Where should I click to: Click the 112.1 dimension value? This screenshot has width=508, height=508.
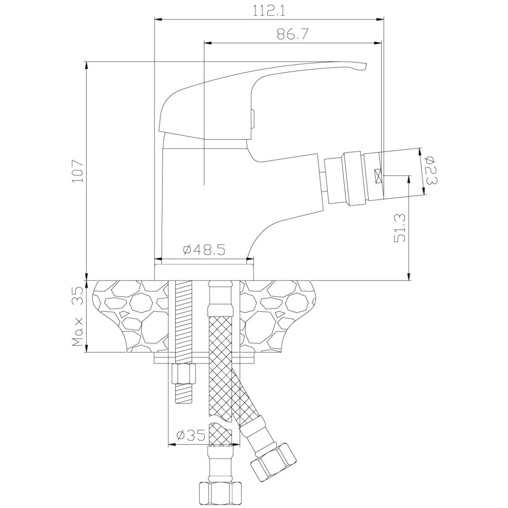[x=269, y=11]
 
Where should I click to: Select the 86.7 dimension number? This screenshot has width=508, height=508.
[x=293, y=34]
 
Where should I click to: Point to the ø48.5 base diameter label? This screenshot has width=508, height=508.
[x=204, y=249]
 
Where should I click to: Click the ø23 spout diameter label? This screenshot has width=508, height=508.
[x=431, y=170]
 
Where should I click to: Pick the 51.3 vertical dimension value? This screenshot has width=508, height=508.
[x=399, y=228]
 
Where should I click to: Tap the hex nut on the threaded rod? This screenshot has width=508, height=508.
[x=184, y=373]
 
